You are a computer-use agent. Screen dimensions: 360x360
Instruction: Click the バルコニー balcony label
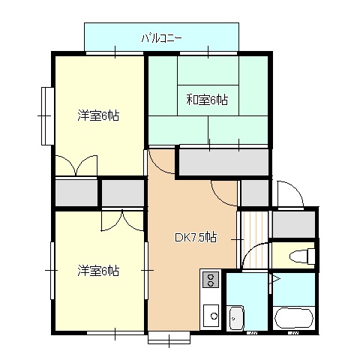161,39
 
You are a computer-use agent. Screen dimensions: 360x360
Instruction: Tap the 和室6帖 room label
207,100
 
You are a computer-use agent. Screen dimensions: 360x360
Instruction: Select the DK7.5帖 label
196,238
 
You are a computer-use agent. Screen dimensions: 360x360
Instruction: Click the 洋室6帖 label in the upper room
98,115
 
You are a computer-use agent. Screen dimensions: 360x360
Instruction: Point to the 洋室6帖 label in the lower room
98,271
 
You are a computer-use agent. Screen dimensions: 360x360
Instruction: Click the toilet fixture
302,256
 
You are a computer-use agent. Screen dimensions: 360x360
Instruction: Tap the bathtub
293,318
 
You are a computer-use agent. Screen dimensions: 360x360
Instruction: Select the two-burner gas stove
211,279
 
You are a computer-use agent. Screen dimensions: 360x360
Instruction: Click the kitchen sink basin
211,316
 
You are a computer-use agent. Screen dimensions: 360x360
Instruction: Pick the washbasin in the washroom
235,318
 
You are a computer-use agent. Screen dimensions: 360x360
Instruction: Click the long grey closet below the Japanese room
224,163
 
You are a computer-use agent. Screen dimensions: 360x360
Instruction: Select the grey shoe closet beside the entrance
293,224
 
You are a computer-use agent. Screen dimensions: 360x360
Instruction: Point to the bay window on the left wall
48,116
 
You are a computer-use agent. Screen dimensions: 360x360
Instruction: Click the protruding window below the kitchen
169,337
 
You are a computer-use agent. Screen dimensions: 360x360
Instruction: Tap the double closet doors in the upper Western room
76,166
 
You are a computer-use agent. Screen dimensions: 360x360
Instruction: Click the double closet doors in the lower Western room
122,220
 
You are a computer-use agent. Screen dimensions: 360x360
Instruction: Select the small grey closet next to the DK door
255,193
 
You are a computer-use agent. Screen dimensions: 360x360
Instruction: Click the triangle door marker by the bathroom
276,279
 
